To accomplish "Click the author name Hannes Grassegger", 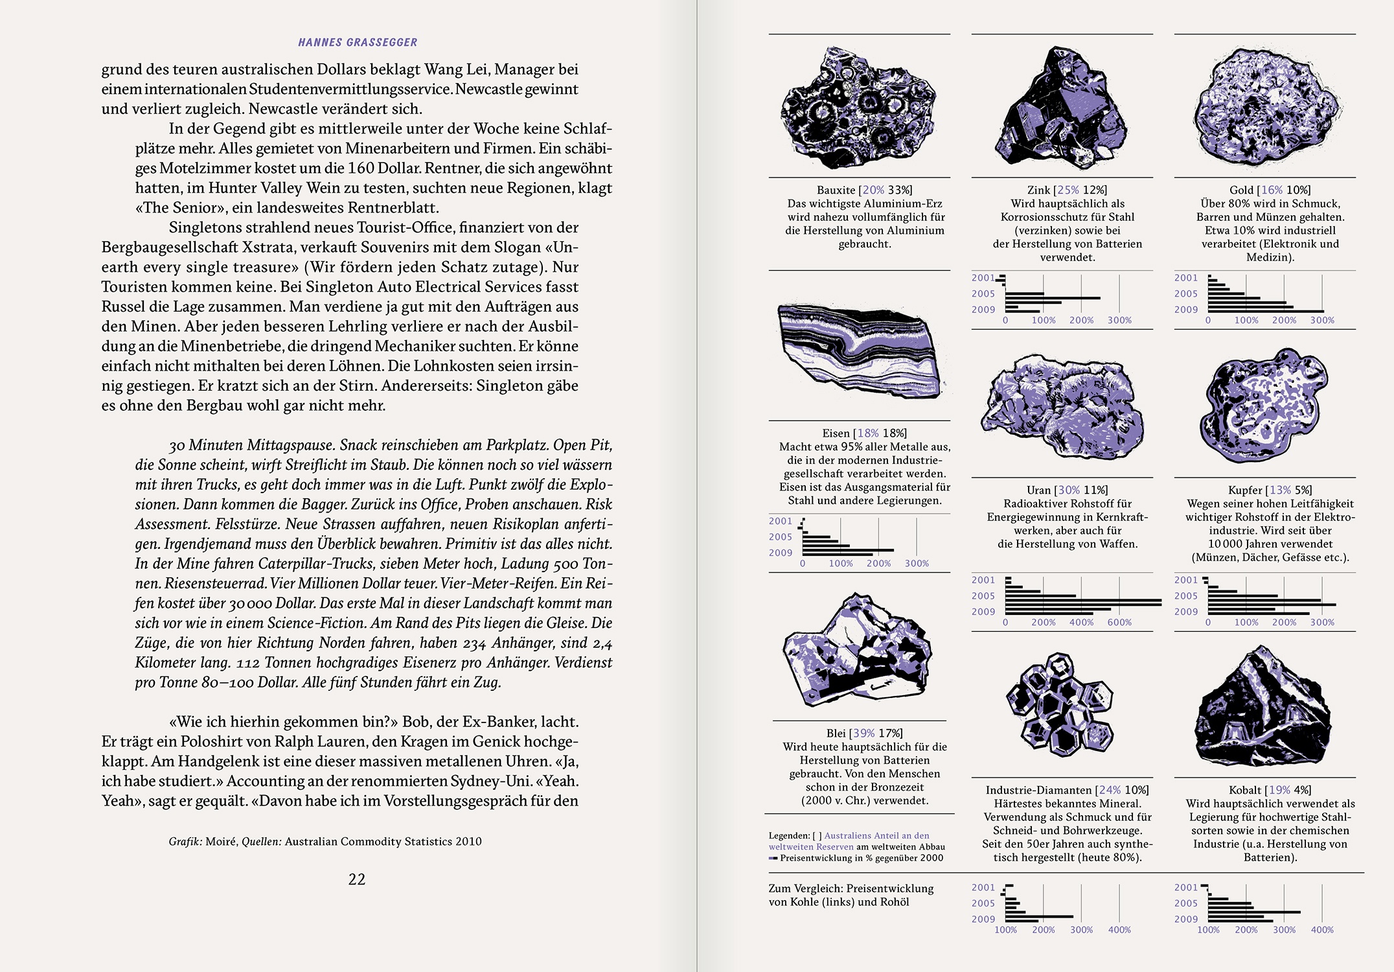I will coord(358,43).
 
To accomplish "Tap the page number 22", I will coord(357,879).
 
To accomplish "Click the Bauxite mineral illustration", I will coord(858,107).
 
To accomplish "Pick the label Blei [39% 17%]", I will coord(864,733).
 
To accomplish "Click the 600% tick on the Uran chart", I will coord(1119,623).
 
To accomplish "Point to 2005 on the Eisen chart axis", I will coord(781,537).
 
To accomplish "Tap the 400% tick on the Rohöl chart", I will coord(1322,930).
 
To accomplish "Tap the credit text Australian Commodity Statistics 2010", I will coord(383,842).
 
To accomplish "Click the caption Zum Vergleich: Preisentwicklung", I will coord(851,888).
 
